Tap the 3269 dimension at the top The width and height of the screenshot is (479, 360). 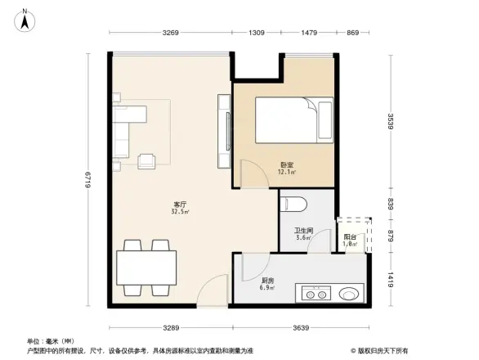tap(170, 33)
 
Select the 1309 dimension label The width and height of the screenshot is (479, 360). tap(257, 33)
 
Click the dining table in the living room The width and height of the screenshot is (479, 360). tap(147, 267)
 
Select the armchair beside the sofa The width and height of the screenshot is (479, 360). tap(148, 160)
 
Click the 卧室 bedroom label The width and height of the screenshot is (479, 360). tap(286, 165)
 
